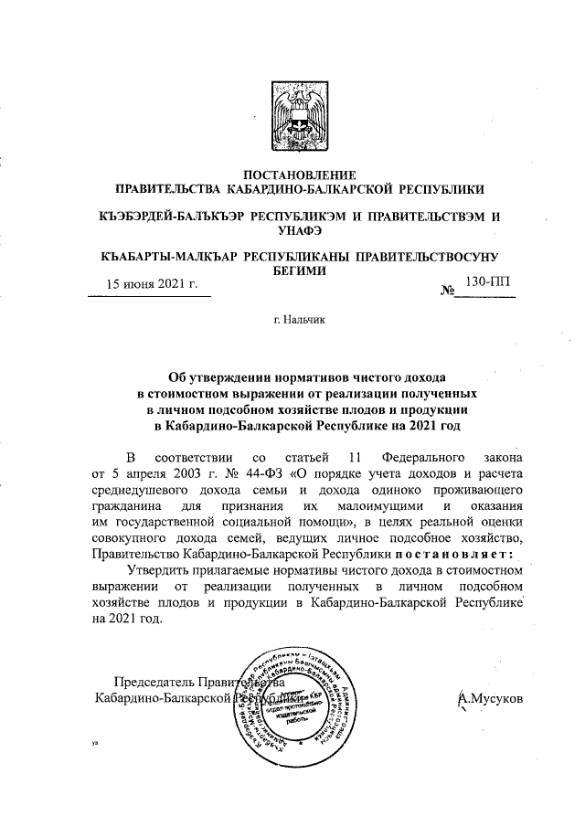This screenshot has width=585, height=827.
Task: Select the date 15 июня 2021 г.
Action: point(153,283)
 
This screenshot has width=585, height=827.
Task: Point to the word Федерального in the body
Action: point(423,455)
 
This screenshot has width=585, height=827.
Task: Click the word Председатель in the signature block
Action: point(154,682)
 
